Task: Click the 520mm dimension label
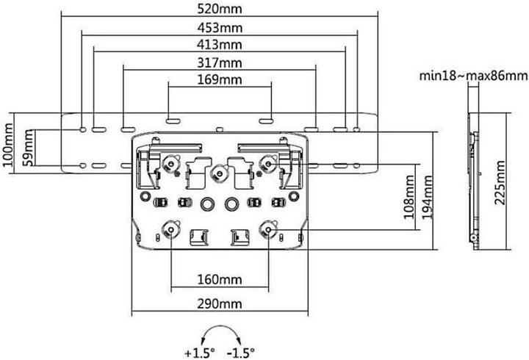pos(220,10)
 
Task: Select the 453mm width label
pos(220,28)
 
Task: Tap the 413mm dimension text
pos(220,45)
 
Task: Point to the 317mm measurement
pos(220,62)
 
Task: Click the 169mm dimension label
pos(220,79)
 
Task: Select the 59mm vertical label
pos(27,148)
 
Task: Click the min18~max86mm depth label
pos(472,76)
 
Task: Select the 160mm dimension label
pos(220,279)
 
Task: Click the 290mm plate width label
pos(220,304)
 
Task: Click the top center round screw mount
pos(217,174)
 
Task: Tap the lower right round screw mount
pos(268,230)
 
